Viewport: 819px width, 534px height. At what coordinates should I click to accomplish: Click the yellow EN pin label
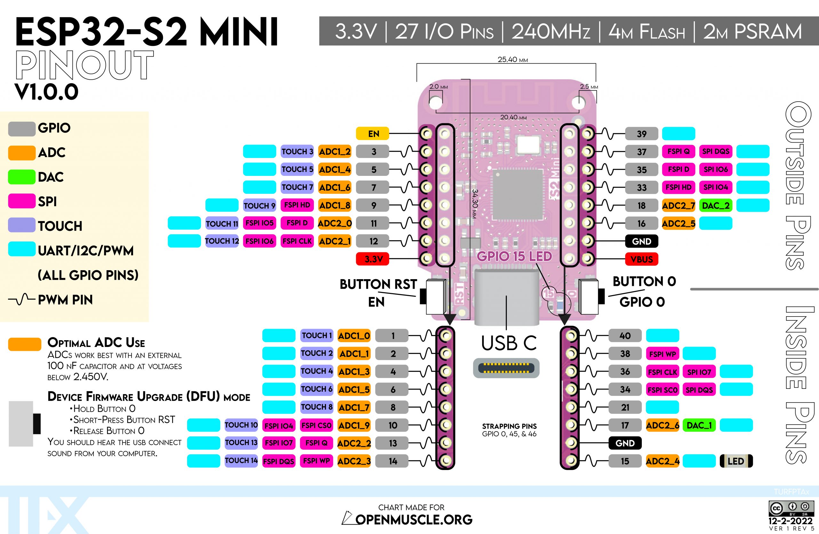point(372,134)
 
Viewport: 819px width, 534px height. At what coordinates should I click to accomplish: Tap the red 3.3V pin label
point(372,259)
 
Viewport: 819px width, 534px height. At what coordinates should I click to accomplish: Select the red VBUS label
point(641,259)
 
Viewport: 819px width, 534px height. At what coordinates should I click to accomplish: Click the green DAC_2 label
point(715,206)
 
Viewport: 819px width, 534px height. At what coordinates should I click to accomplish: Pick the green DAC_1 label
point(699,425)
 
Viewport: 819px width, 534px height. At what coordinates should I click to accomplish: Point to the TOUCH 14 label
point(241,461)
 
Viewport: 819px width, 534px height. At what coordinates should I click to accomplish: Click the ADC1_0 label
point(354,336)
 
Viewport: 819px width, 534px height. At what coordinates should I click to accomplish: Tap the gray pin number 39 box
point(641,134)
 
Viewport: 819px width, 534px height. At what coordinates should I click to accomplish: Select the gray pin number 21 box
point(625,407)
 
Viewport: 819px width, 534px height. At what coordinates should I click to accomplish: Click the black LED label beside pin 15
point(736,461)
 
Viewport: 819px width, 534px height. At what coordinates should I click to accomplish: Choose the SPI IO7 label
point(699,372)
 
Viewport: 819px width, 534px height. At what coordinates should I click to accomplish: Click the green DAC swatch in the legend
point(22,177)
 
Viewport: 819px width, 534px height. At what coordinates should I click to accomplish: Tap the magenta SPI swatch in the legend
point(22,201)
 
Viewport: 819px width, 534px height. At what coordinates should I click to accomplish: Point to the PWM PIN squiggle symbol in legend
point(22,300)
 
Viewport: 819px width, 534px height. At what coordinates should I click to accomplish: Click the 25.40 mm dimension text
point(513,59)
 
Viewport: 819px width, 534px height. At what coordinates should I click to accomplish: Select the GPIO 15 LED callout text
point(514,256)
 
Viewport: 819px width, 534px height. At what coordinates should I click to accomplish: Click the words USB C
point(509,343)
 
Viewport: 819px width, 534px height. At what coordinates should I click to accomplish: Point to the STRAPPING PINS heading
point(509,426)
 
